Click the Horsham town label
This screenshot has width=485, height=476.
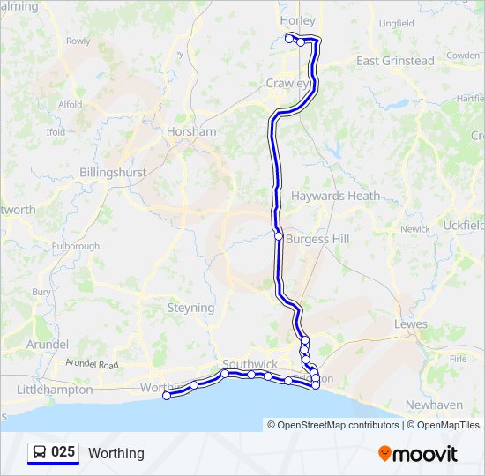(x=190, y=131)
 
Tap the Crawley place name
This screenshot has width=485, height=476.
(x=287, y=84)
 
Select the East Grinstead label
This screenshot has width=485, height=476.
(x=395, y=61)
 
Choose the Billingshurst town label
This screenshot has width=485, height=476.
(x=113, y=173)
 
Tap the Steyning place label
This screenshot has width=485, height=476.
(x=190, y=308)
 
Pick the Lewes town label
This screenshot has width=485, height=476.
(x=411, y=324)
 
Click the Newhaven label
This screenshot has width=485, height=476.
(x=433, y=405)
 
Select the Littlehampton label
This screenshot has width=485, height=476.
(x=55, y=389)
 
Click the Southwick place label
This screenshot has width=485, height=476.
(x=250, y=364)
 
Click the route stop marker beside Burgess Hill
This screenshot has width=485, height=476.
(x=279, y=236)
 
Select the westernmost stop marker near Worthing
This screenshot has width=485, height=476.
(x=167, y=396)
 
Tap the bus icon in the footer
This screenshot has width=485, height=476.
(x=40, y=453)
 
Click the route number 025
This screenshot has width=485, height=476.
(x=63, y=452)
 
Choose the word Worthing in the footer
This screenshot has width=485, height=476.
(x=116, y=453)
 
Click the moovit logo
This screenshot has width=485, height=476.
(x=418, y=453)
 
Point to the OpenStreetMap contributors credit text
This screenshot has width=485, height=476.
(x=338, y=425)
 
